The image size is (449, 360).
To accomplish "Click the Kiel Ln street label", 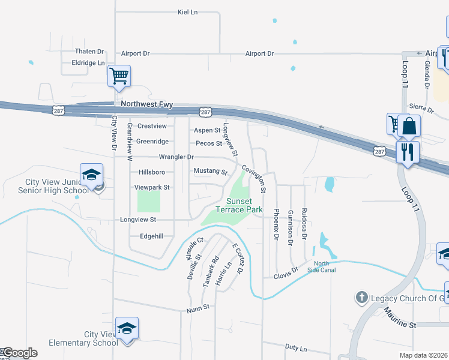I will [x=188, y=12].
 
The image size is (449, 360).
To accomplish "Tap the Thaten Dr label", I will [x=89, y=52].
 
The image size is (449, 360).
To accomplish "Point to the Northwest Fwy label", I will [x=146, y=104].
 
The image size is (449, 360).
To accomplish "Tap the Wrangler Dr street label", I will [x=176, y=157].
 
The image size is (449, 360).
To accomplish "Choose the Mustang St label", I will [x=210, y=172].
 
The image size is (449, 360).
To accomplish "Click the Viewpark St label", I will [x=152, y=187].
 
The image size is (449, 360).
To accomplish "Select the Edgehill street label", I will [x=151, y=236].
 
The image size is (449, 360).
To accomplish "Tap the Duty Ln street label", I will [x=295, y=349].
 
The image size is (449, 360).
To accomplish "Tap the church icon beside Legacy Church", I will [x=361, y=298].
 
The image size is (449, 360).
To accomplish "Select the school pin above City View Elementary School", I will [x=127, y=328].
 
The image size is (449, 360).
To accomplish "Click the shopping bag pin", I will [x=409, y=127].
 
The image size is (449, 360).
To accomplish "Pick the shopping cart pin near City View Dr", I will [x=119, y=76].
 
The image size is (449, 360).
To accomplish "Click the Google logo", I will [x=19, y=353].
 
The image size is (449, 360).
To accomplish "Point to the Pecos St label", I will [x=209, y=143].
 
